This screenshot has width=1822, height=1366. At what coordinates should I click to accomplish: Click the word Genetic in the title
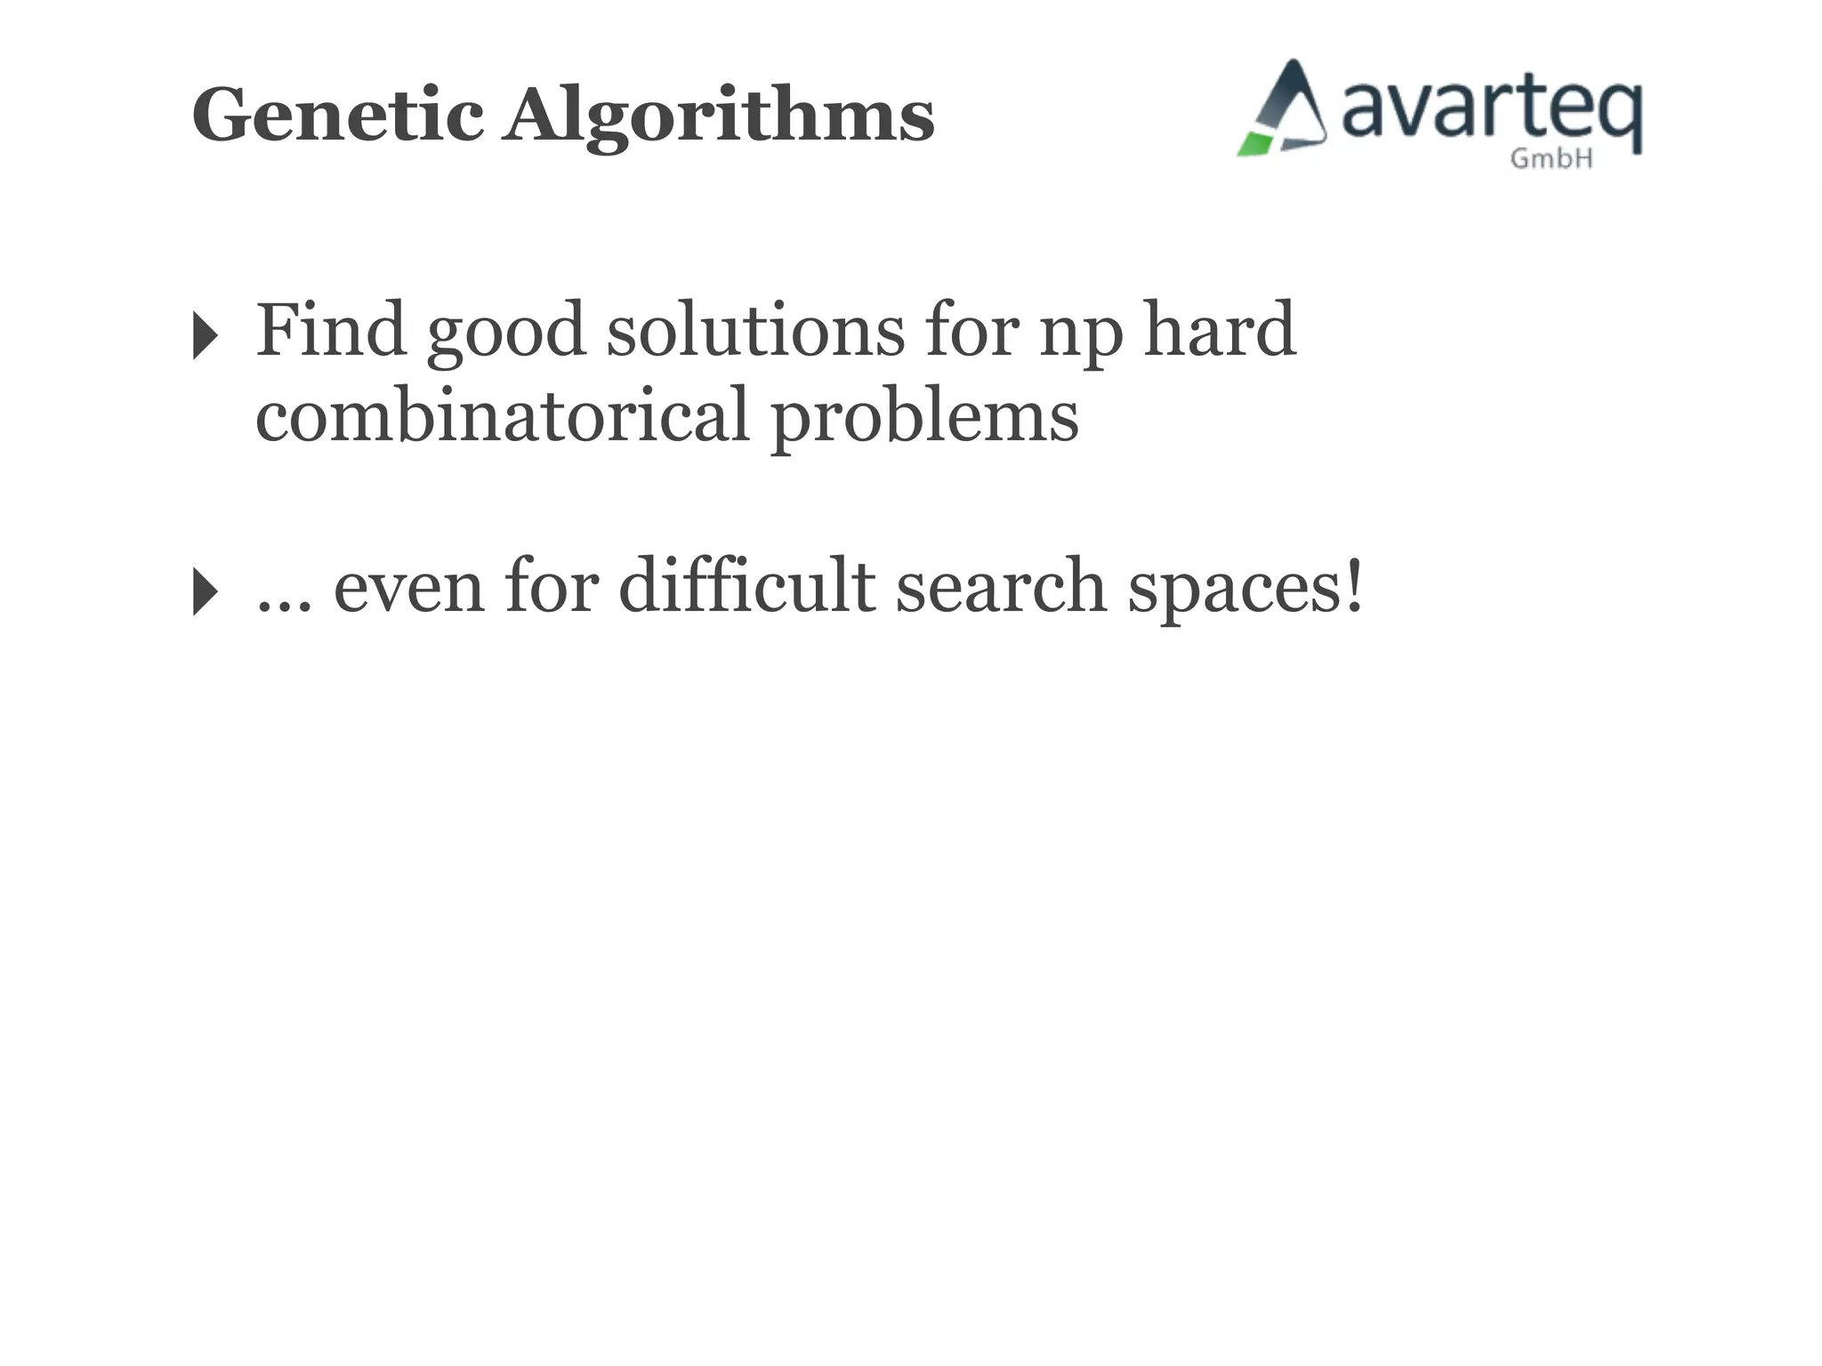pos(338,116)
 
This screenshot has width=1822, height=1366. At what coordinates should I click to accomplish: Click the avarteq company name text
pos(1491,108)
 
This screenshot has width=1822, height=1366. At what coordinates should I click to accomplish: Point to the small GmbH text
pos(1552,159)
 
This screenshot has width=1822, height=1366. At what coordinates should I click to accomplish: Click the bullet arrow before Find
pos(205,336)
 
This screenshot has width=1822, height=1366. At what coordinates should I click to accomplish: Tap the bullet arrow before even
pos(205,591)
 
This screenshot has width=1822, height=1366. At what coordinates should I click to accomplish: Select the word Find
pos(332,330)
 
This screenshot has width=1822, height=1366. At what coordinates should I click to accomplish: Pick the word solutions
pos(755,330)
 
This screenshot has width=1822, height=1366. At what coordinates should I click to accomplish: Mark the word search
pos(1001,586)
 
